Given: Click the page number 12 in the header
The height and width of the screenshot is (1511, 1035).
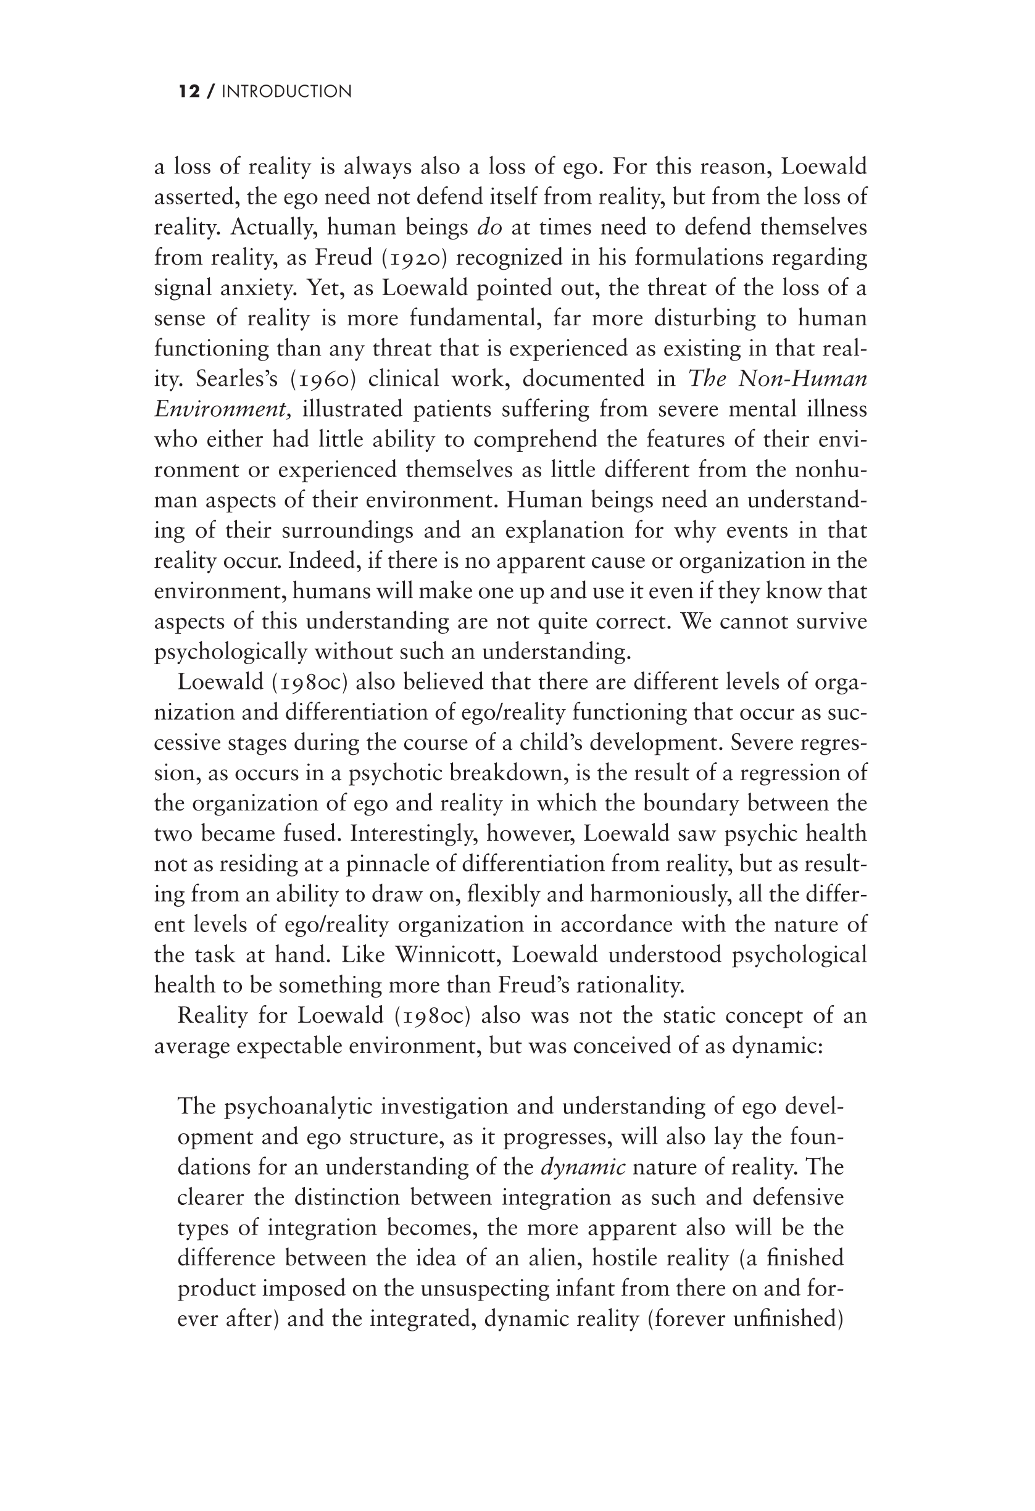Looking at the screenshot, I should click(189, 92).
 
